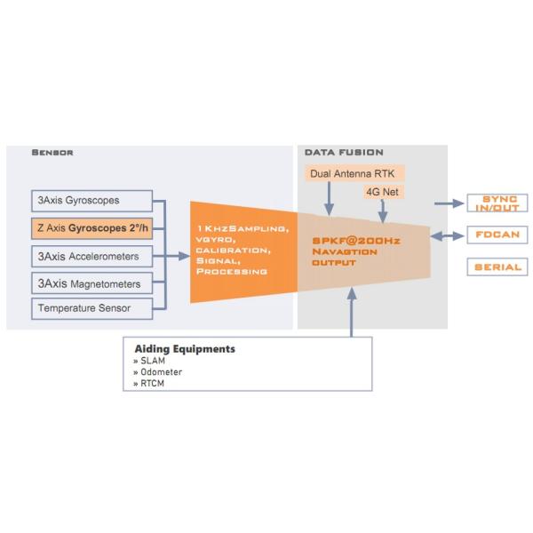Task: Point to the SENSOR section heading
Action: coord(52,153)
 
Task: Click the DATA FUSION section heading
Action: coord(344,153)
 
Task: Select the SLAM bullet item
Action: coord(151,362)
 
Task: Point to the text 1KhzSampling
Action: coord(241,229)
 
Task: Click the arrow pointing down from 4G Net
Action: coord(383,211)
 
